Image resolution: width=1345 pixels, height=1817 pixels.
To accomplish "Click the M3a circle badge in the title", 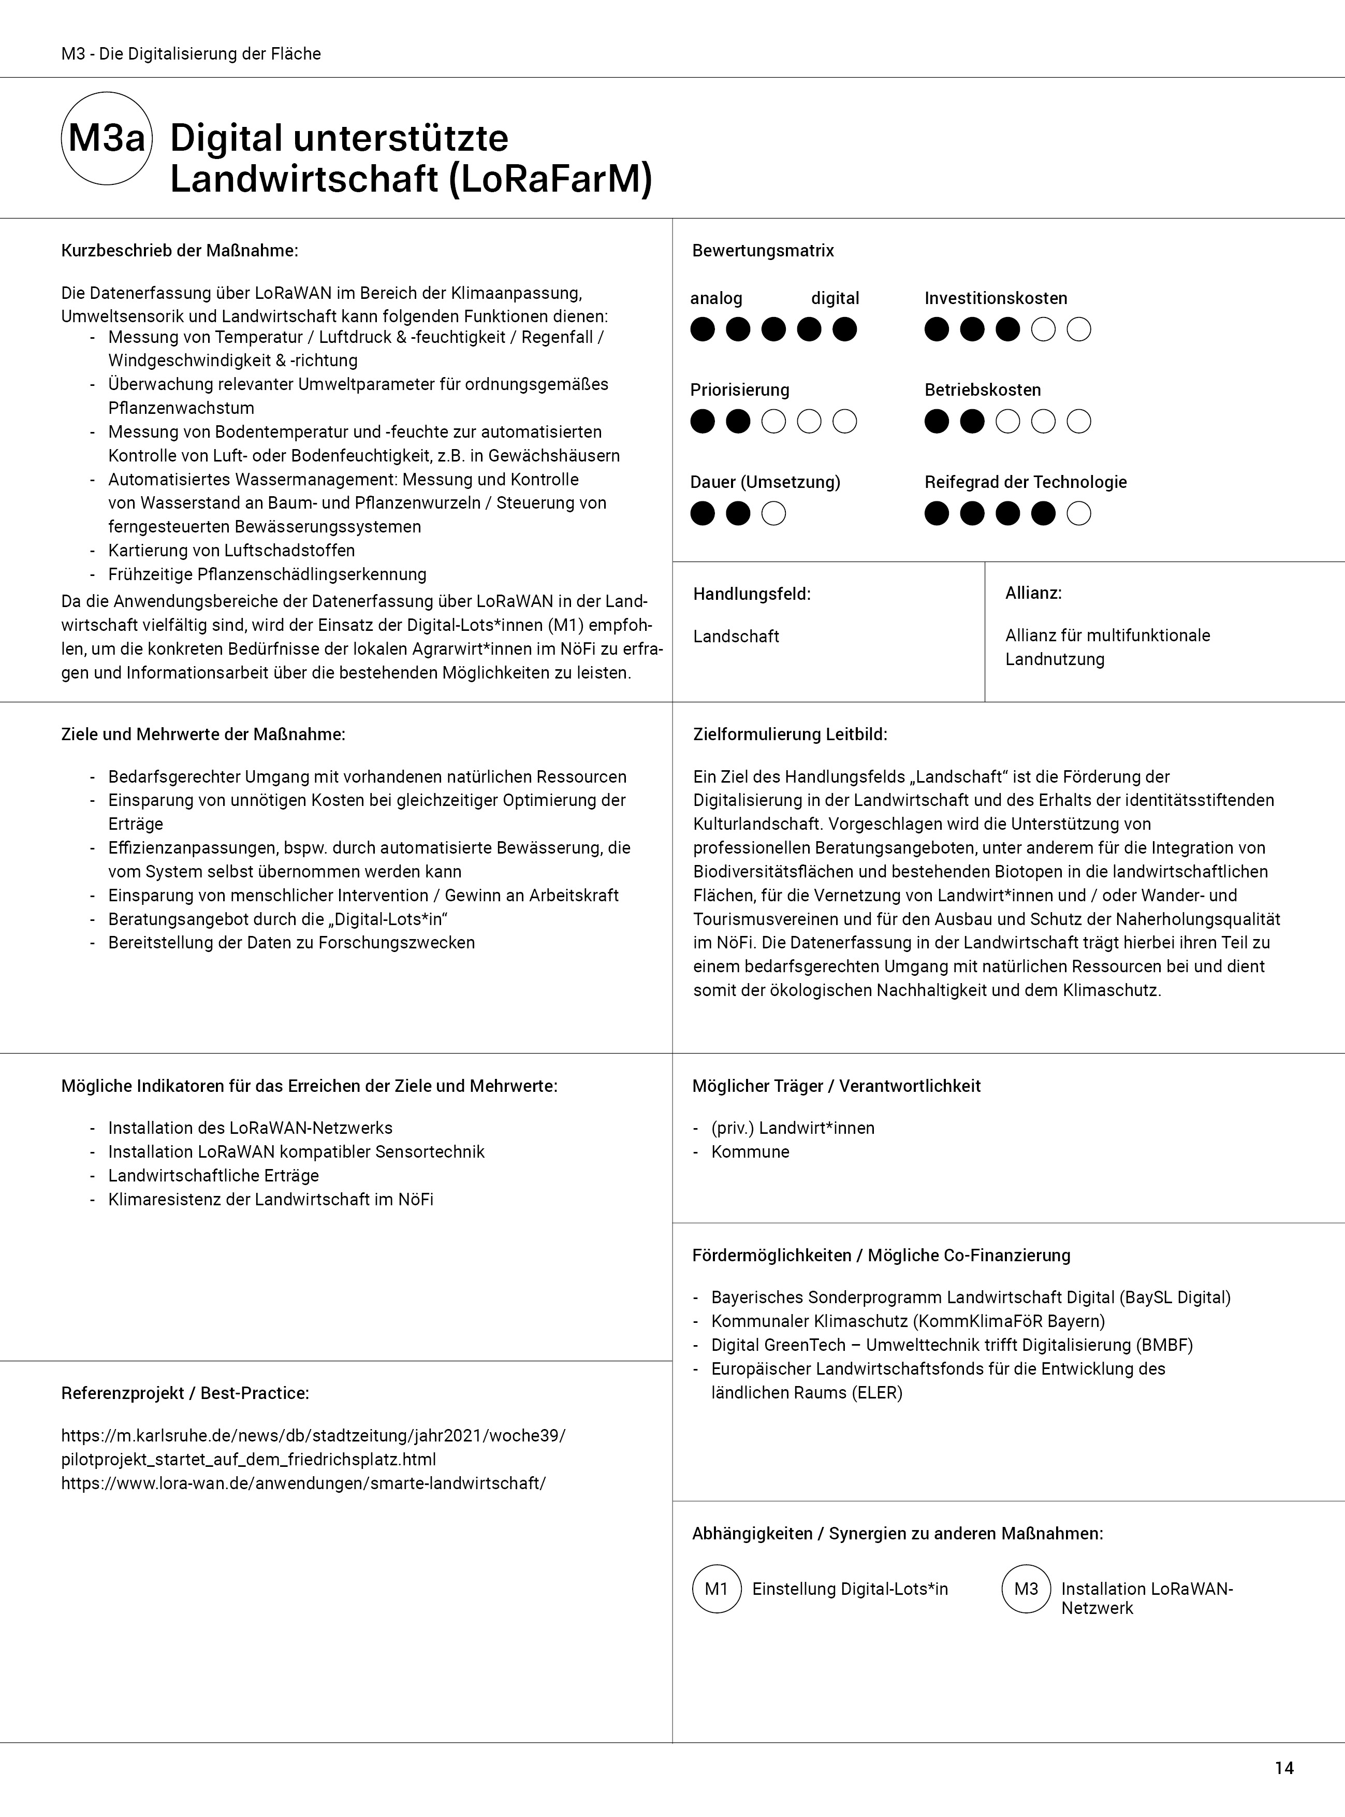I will (x=107, y=138).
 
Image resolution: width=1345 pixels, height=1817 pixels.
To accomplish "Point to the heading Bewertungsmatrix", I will (x=763, y=251).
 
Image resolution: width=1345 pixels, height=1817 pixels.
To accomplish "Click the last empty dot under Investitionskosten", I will (x=1079, y=330).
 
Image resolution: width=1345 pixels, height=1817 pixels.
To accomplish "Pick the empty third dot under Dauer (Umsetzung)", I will (x=773, y=514).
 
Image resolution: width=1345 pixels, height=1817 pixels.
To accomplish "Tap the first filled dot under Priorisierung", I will (x=703, y=422).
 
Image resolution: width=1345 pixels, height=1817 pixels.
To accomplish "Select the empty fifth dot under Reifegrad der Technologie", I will (x=1079, y=514).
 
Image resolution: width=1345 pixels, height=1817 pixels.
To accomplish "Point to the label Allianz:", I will (x=1033, y=593).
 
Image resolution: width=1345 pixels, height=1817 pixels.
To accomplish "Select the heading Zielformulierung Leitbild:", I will (x=790, y=734).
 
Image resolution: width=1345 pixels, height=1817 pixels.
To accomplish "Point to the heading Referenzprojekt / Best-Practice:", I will (x=185, y=1393).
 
